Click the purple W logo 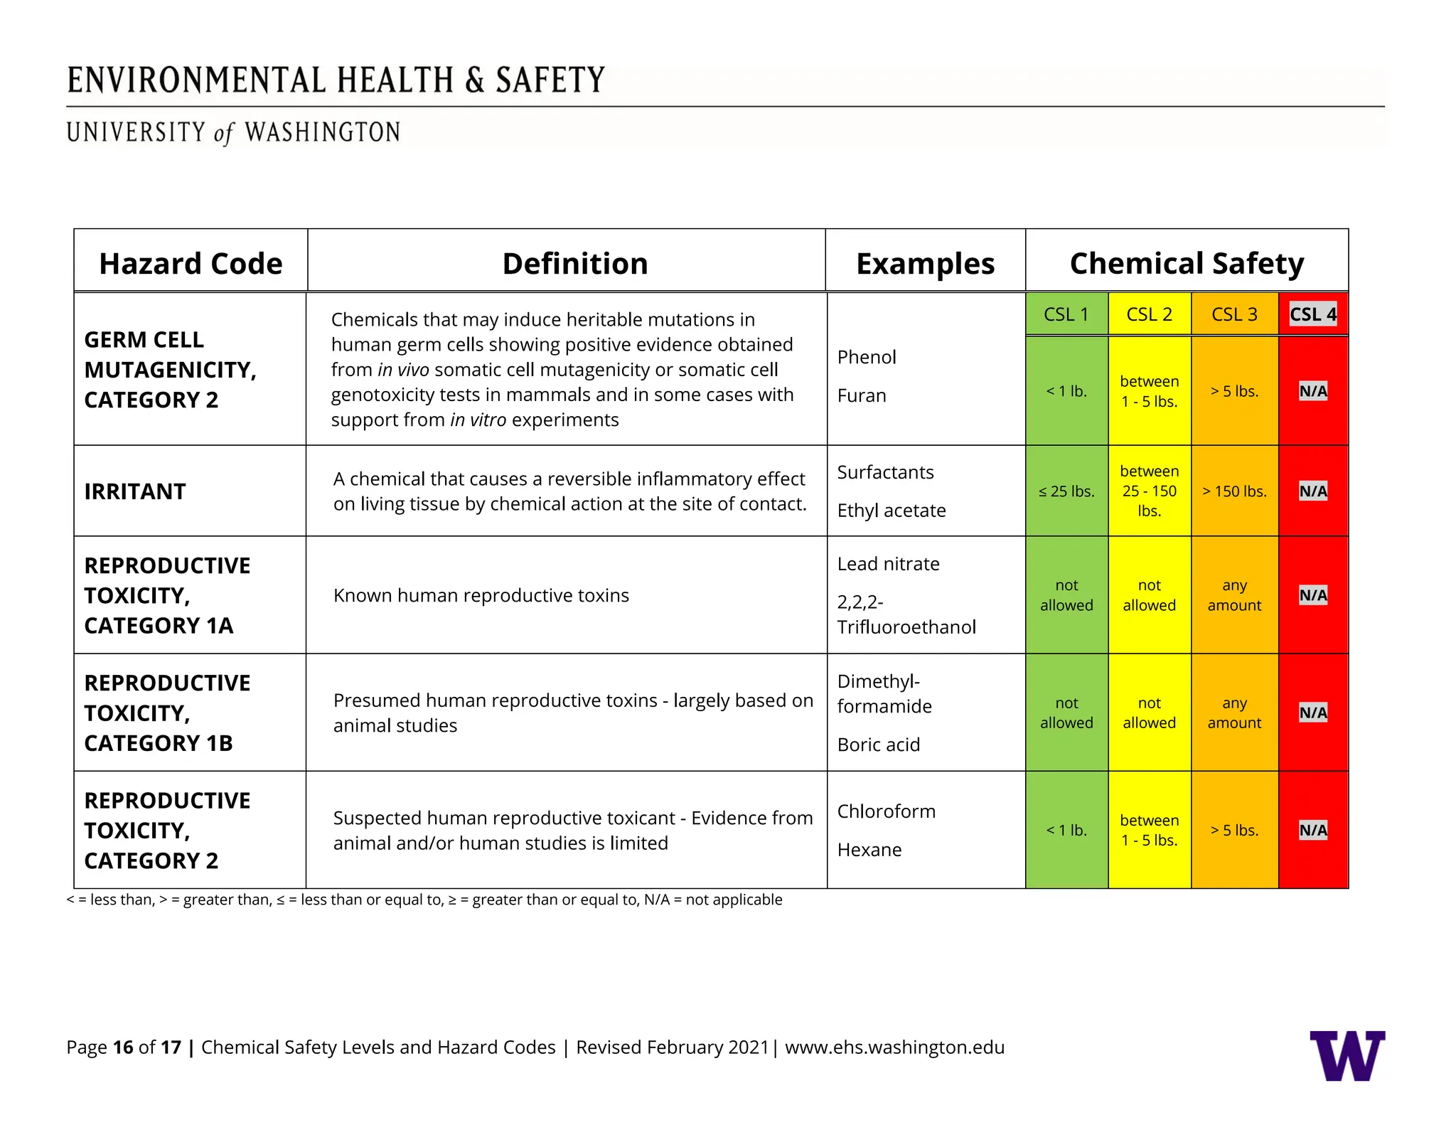[1347, 1055]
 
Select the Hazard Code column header [191, 264]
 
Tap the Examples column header [925, 264]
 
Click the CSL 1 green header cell [1066, 314]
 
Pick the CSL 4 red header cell [1312, 314]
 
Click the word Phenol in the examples [867, 357]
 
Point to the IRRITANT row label [135, 491]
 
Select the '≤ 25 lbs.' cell [1066, 491]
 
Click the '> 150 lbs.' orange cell [1234, 491]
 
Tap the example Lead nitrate [888, 564]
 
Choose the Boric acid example [879, 745]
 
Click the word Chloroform [887, 811]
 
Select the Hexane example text [869, 850]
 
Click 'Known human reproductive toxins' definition [481, 595]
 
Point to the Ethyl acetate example [892, 511]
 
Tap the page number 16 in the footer [123, 1047]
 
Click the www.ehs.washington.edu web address [894, 1047]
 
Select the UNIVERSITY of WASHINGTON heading [233, 133]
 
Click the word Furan [862, 395]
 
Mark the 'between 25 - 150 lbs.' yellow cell [1149, 491]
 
